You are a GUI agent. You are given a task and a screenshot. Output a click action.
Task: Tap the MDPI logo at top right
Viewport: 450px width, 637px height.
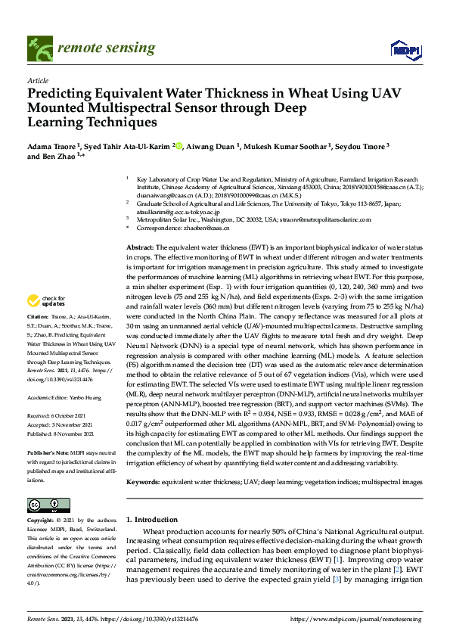tap(405, 49)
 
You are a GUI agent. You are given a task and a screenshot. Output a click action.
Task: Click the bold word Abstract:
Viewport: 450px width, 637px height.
tap(141, 248)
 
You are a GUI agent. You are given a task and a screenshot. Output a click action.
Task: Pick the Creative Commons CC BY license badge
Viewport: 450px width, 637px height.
tap(43, 505)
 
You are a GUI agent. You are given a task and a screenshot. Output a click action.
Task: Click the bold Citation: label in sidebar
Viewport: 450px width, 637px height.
tap(38, 359)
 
